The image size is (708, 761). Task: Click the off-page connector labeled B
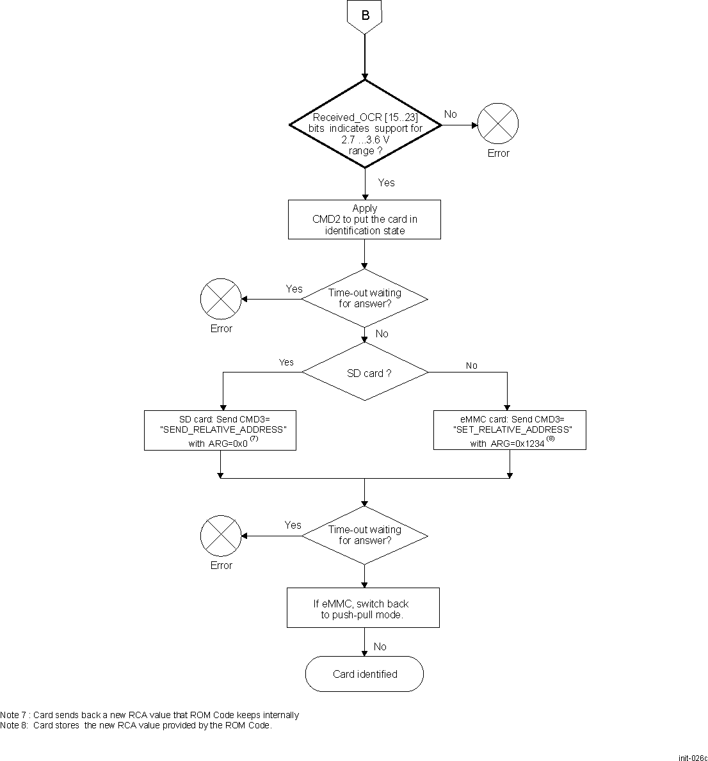[365, 15]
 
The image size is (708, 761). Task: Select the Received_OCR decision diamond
[365, 124]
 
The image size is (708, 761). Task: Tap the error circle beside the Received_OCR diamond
[498, 124]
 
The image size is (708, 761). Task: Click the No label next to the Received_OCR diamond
[451, 114]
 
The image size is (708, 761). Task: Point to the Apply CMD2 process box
[364, 220]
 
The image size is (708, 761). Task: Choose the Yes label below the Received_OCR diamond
[386, 182]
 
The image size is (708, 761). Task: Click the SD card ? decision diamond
[365, 372]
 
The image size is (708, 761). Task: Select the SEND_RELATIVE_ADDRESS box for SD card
[220, 430]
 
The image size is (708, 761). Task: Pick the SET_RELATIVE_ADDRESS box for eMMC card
[510, 430]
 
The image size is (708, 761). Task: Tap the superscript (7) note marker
[254, 438]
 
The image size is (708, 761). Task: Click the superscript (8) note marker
[551, 438]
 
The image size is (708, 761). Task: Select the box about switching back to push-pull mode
[364, 608]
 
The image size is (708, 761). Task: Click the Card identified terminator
[365, 674]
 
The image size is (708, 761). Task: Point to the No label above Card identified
[380, 646]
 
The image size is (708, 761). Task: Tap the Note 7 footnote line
[150, 715]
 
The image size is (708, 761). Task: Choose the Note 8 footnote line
[136, 725]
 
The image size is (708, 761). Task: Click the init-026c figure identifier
[693, 757]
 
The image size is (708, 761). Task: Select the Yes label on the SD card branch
[286, 362]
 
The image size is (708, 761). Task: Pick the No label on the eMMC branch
[472, 365]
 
